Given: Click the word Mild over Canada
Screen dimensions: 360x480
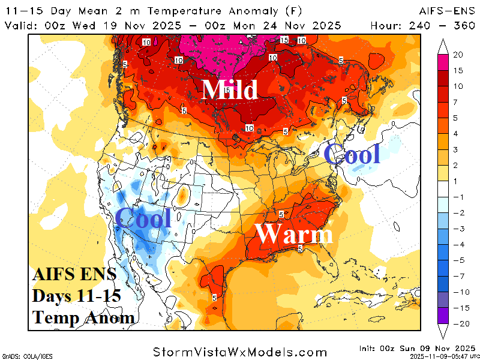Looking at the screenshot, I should pyautogui.click(x=230, y=89).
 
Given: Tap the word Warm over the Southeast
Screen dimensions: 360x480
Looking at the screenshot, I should pyautogui.click(x=293, y=233).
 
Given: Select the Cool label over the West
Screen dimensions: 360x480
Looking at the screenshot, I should pyautogui.click(x=143, y=218).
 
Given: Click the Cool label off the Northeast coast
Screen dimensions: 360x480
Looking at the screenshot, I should pyautogui.click(x=352, y=154).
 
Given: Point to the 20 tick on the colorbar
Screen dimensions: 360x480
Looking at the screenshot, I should pyautogui.click(x=458, y=55).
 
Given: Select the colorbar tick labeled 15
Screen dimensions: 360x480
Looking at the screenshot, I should pyautogui.click(x=458, y=70).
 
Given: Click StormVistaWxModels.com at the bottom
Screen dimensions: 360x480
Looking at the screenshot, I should pyautogui.click(x=240, y=352).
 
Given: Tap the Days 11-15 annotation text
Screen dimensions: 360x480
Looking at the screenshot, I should pyautogui.click(x=77, y=296).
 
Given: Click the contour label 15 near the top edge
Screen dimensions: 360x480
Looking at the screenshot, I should pyautogui.click(x=285, y=40).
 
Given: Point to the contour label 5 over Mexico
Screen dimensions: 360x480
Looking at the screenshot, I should pyautogui.click(x=214, y=297).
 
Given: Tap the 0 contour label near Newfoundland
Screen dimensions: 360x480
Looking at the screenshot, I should pyautogui.click(x=393, y=124).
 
